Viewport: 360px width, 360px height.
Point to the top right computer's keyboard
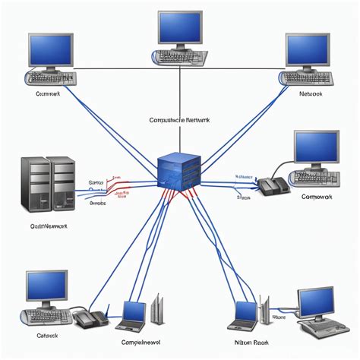tap(307, 77)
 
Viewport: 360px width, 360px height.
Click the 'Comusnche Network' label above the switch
tap(179, 119)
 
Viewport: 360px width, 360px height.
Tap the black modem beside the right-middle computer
tap(272, 186)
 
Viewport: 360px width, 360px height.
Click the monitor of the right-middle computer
tap(316, 149)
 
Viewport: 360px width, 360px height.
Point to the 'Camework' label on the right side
tap(317, 197)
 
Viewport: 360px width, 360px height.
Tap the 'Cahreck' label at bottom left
tap(47, 335)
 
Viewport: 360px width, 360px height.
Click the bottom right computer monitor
tap(315, 302)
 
